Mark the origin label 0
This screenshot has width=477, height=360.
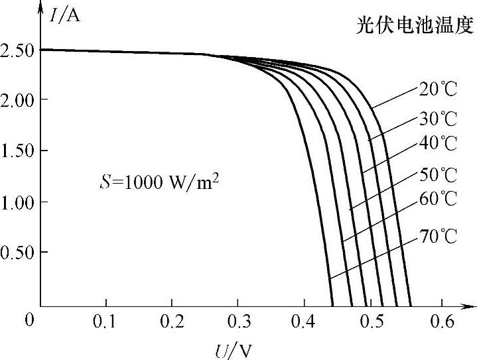[x=29, y=321]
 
